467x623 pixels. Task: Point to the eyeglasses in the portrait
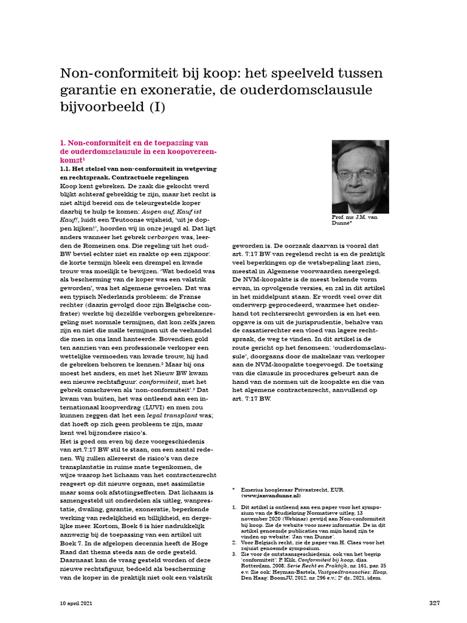pos(358,174)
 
